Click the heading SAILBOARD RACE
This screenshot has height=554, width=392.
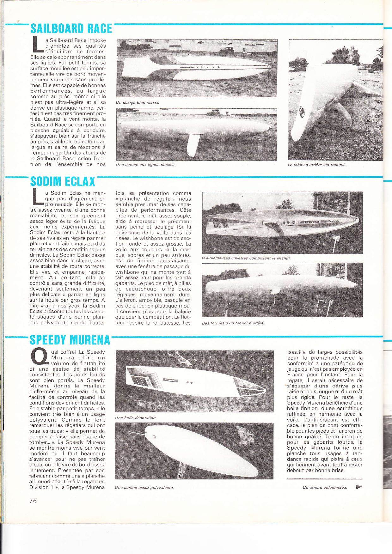click(x=71, y=29)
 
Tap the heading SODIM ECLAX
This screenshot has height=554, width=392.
click(x=63, y=181)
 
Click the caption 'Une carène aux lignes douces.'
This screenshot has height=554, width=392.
click(x=146, y=165)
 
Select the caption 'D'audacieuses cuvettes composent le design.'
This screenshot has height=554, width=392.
click(x=246, y=258)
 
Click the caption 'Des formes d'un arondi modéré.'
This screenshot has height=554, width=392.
click(x=233, y=323)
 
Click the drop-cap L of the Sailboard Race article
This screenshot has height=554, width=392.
click(x=37, y=45)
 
